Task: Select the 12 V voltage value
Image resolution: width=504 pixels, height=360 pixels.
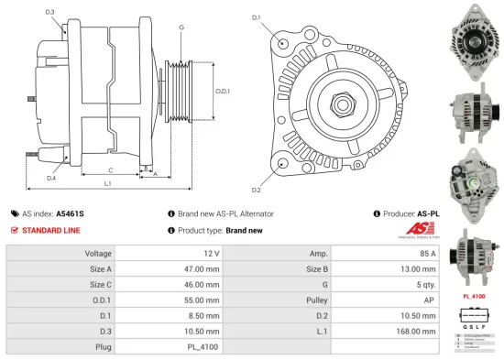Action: pos(211,253)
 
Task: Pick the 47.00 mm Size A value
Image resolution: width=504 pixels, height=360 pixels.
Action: pos(202,268)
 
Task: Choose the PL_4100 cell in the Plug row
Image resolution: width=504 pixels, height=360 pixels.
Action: pos(204,347)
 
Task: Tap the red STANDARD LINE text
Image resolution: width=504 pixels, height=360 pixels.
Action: pos(51,230)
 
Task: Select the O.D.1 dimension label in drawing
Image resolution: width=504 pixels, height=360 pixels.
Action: pos(221,91)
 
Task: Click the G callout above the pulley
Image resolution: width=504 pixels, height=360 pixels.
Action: pos(181,27)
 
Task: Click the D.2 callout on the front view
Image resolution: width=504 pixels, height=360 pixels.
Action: pos(256,190)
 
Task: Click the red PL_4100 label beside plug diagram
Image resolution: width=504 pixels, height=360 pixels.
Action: pos(473,297)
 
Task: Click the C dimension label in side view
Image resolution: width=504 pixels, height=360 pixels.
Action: pos(111,170)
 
